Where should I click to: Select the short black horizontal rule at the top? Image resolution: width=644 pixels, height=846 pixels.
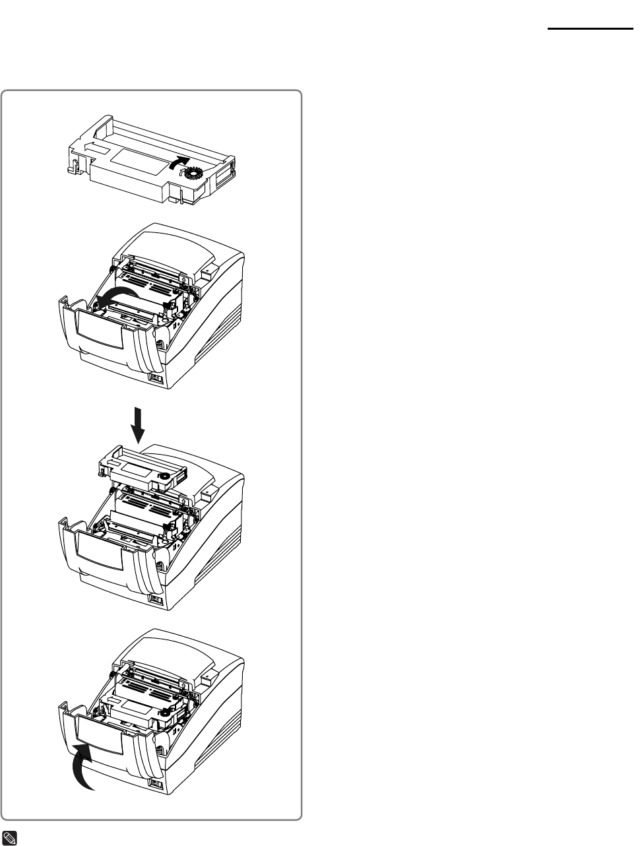589,29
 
